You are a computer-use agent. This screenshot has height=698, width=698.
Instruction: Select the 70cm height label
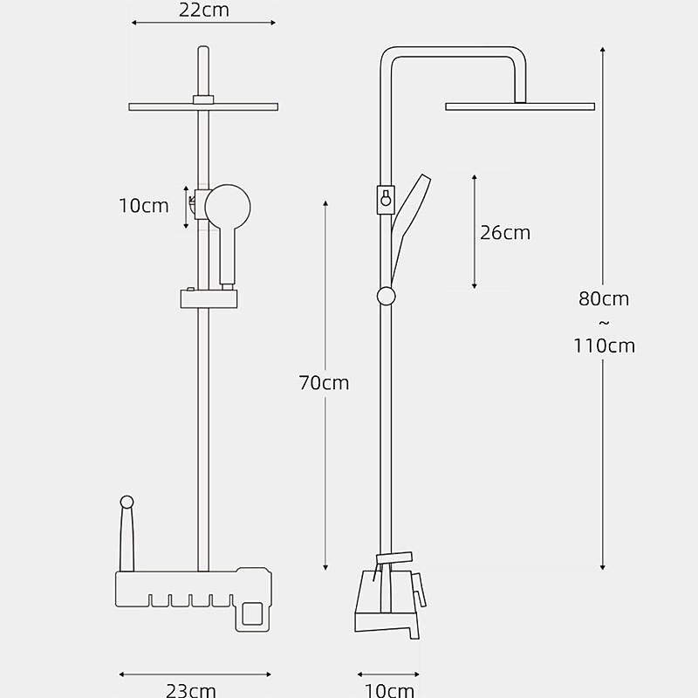click(x=324, y=382)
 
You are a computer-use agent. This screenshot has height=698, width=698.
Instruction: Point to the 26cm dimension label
click(x=505, y=233)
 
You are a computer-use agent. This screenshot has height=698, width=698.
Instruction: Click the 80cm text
click(x=604, y=298)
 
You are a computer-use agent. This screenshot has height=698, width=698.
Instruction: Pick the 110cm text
click(x=604, y=346)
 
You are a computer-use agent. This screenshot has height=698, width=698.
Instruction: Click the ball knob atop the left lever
click(x=127, y=502)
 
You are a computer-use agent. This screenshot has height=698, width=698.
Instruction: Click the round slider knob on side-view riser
click(x=386, y=296)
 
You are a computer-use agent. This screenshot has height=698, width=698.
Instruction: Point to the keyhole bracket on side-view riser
click(x=384, y=199)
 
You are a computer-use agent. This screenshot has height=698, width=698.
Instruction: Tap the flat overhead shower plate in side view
click(x=520, y=106)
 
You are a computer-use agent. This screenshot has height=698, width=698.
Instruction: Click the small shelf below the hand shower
click(x=209, y=298)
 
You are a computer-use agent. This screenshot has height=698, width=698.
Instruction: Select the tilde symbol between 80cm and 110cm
click(x=604, y=323)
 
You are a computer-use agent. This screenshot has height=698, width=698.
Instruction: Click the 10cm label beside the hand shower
click(x=144, y=206)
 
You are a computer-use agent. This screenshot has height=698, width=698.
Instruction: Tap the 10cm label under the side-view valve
click(x=389, y=690)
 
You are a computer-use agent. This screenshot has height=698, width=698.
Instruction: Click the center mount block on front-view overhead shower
click(x=203, y=100)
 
